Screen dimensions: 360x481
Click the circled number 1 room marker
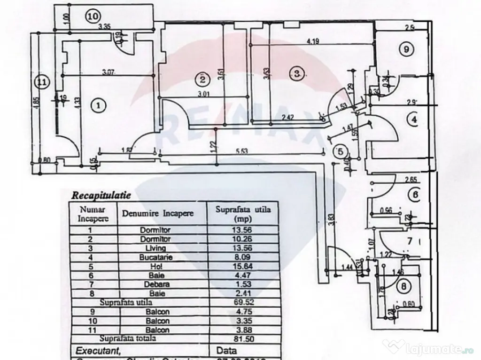point(98,105)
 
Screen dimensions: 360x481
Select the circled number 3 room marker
point(296,73)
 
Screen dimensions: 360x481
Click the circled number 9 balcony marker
point(405,48)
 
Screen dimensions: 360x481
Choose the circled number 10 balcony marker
point(93,16)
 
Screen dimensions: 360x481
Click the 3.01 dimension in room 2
point(202,94)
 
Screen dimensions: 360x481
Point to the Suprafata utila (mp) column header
point(243,214)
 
